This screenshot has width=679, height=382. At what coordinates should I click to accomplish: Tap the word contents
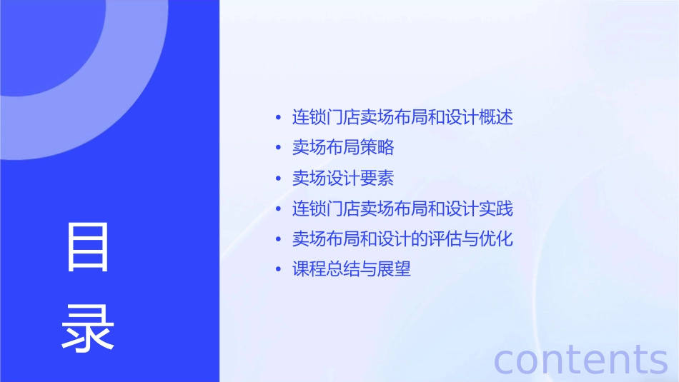pyautogui.click(x=581, y=359)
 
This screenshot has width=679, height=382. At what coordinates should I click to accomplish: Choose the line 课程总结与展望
pyautogui.click(x=352, y=269)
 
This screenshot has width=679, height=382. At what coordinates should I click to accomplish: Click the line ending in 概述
pyautogui.click(x=402, y=118)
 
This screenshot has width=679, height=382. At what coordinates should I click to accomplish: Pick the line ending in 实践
pyautogui.click(x=402, y=208)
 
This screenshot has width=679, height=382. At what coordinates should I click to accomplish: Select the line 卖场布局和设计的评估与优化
pyautogui.click(x=402, y=239)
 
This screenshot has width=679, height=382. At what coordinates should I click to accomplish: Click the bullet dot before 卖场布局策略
pyautogui.click(x=279, y=149)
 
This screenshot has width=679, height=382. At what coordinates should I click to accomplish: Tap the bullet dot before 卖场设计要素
pyautogui.click(x=279, y=179)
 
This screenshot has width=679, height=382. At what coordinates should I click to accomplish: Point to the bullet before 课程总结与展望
pyautogui.click(x=279, y=270)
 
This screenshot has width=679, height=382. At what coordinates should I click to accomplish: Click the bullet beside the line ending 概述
pyautogui.click(x=279, y=118)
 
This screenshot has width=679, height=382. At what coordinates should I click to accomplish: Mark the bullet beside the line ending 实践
pyautogui.click(x=279, y=209)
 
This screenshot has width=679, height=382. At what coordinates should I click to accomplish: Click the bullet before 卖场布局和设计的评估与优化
pyautogui.click(x=279, y=239)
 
